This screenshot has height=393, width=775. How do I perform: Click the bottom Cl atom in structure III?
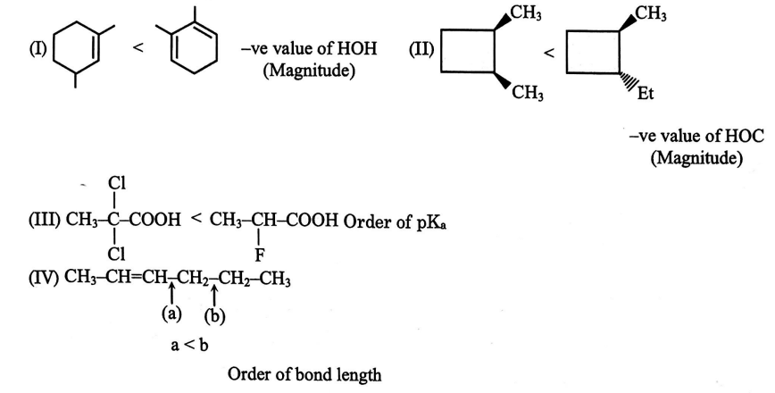tap(116, 254)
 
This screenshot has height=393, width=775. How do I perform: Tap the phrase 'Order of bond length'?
tap(304, 375)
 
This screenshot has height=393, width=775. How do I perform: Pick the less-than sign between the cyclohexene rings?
tap(138, 46)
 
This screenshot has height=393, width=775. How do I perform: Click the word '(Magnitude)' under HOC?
tap(697, 160)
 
